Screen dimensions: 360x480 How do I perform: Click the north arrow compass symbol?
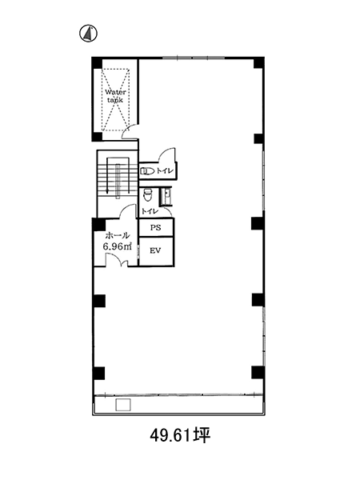[x=89, y=33]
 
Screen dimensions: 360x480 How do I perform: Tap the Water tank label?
[x=115, y=96]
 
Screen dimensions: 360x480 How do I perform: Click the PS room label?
[x=155, y=228]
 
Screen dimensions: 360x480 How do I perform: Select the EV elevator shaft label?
[x=155, y=250]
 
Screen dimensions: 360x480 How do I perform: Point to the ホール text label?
[x=118, y=235]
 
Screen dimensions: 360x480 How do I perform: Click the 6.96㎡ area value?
[x=118, y=246]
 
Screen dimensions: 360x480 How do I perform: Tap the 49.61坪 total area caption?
[x=180, y=435]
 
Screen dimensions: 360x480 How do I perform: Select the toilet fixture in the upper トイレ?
[x=147, y=171]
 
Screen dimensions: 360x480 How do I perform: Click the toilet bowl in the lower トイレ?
[x=147, y=195]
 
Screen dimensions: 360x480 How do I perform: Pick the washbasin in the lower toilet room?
[x=167, y=196]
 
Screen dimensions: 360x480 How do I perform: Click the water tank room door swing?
[x=130, y=131]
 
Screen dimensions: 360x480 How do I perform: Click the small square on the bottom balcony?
[x=123, y=405]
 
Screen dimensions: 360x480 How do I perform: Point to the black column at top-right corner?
[x=258, y=62]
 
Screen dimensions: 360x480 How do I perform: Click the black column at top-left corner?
[x=98, y=62]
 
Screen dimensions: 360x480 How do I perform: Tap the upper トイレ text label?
[x=166, y=171]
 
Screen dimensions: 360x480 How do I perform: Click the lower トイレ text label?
[x=149, y=211]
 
